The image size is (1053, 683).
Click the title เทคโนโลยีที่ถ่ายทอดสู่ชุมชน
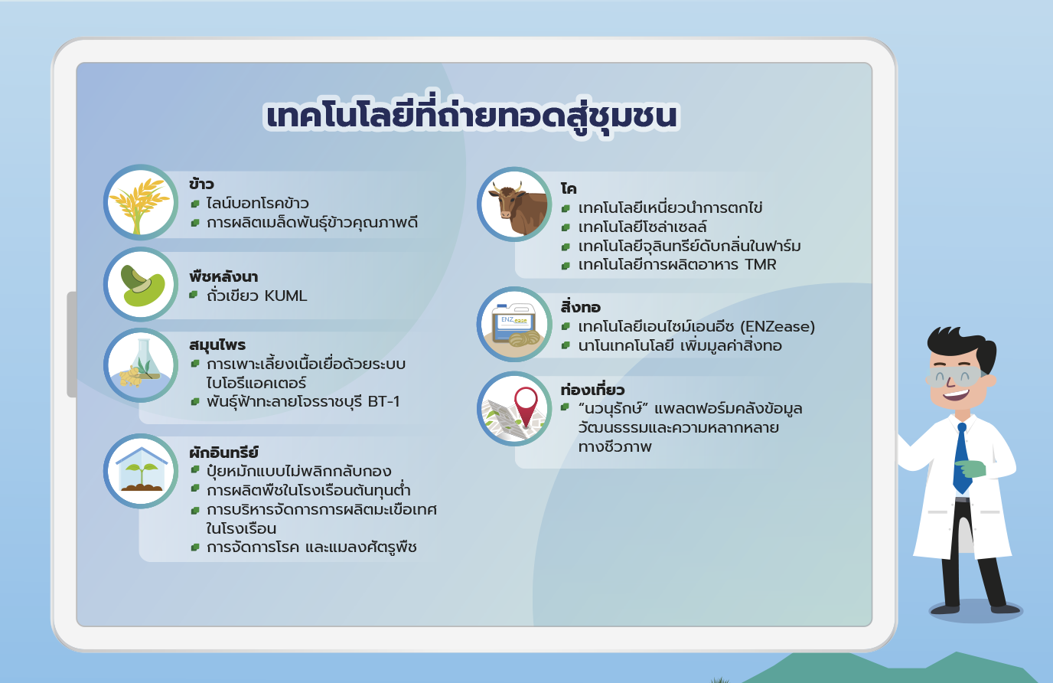coord(471,116)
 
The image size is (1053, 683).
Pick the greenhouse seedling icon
coord(141,471)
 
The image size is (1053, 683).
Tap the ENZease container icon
coord(514,324)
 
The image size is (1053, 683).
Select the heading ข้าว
coord(202,184)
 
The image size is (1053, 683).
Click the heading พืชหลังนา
coord(223,276)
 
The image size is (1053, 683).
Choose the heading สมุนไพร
coord(217,345)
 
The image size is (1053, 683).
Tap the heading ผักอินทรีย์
coord(223,453)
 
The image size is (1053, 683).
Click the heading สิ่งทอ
coord(581,307)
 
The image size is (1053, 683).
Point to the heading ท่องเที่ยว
coord(592,390)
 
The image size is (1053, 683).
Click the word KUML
coord(285,296)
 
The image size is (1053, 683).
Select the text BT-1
coord(383,402)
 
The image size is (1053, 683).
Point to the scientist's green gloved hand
coord(970,469)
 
